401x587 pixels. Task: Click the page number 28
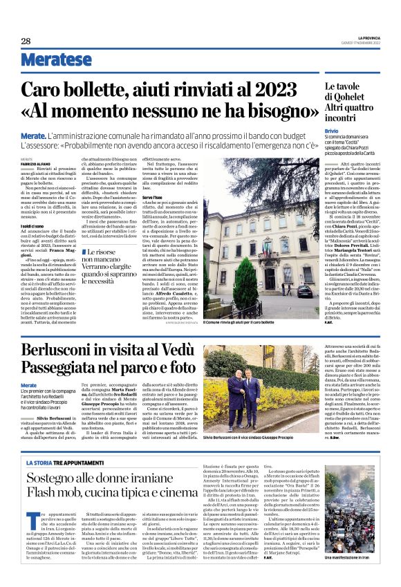pos(26,41)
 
